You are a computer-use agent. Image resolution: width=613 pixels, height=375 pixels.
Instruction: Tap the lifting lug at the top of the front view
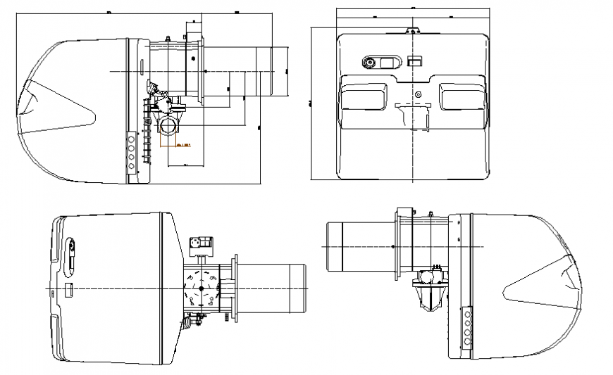[412, 30]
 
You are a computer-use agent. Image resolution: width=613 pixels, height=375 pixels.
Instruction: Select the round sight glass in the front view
[369, 62]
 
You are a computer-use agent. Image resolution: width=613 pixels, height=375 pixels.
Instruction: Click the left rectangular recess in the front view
[364, 95]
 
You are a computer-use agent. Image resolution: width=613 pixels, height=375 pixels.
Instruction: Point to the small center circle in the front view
[418, 94]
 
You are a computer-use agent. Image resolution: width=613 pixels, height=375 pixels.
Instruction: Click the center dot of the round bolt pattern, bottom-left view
[201, 289]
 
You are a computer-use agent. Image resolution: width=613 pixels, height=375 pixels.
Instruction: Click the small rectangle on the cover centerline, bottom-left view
[70, 289]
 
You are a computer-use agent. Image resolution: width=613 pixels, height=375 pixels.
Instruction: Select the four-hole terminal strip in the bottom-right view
[467, 326]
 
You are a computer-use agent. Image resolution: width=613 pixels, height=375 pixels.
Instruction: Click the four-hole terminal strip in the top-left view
[132, 151]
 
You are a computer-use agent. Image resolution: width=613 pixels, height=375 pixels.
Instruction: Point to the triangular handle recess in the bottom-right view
[543, 288]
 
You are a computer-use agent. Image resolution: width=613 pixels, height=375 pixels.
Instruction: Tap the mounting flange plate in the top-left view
[199, 71]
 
